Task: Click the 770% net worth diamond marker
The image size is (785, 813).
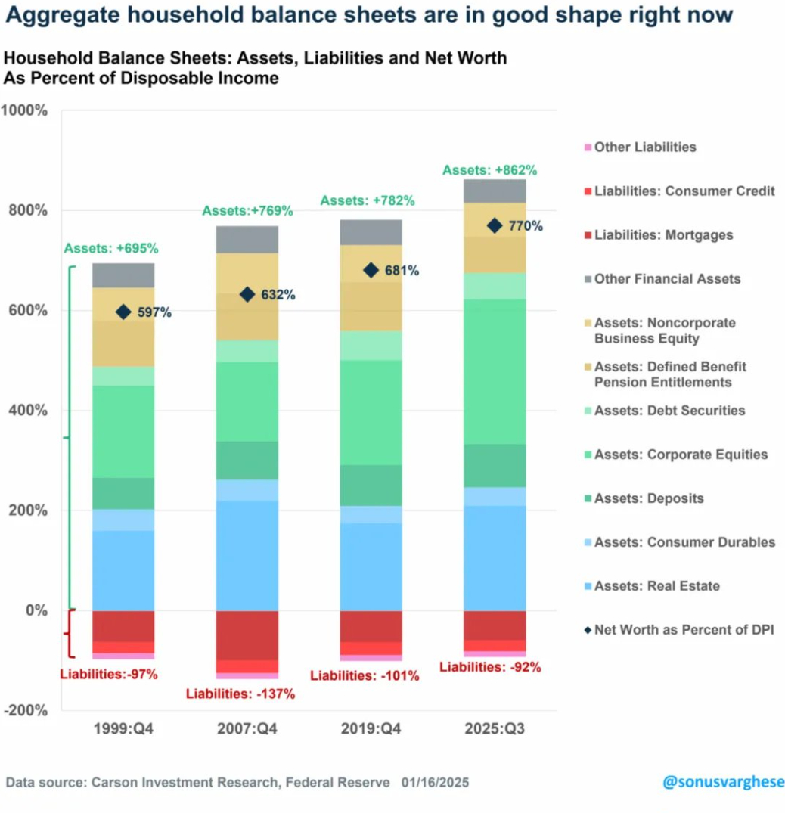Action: (495, 225)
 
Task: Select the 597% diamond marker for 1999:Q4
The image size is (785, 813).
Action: (123, 312)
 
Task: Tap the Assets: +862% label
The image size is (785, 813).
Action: (489, 170)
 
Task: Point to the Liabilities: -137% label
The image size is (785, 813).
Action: (240, 693)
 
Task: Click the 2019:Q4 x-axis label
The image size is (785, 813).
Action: (371, 730)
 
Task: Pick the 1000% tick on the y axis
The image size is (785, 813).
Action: (28, 110)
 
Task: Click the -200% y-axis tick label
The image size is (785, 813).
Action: (28, 710)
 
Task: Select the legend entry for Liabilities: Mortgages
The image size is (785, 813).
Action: (663, 235)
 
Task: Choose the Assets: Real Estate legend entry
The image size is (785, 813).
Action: (656, 586)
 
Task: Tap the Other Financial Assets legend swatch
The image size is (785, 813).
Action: (587, 280)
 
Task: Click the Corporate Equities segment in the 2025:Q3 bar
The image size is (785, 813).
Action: (495, 371)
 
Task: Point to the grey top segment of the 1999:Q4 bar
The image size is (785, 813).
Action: (123, 275)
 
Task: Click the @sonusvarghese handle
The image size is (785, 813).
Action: (723, 782)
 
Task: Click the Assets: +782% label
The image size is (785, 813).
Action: (367, 200)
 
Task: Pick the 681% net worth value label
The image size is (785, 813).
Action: (402, 270)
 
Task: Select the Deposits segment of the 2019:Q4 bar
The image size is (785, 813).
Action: (371, 486)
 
